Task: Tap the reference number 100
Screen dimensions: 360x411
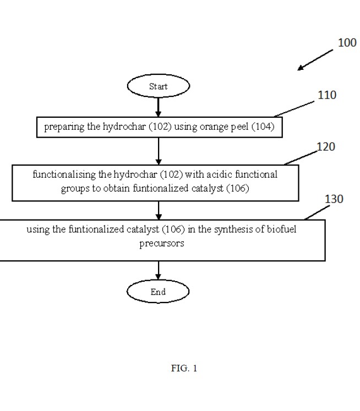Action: (347, 43)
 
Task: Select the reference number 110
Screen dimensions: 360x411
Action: (327, 95)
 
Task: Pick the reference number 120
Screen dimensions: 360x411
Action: (326, 146)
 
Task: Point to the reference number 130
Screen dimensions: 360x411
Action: (334, 199)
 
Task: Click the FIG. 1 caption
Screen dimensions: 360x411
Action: (184, 368)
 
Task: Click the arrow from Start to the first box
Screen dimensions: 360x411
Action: (158, 107)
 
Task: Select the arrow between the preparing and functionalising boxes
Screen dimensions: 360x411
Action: (159, 151)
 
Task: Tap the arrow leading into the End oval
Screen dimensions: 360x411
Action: (158, 270)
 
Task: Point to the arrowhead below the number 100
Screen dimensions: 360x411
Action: (301, 68)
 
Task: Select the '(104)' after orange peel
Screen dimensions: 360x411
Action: (263, 127)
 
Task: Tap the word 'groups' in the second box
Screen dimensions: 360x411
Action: (75, 189)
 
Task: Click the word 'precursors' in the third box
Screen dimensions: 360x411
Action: (162, 244)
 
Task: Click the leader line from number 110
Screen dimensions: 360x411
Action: (294, 109)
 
